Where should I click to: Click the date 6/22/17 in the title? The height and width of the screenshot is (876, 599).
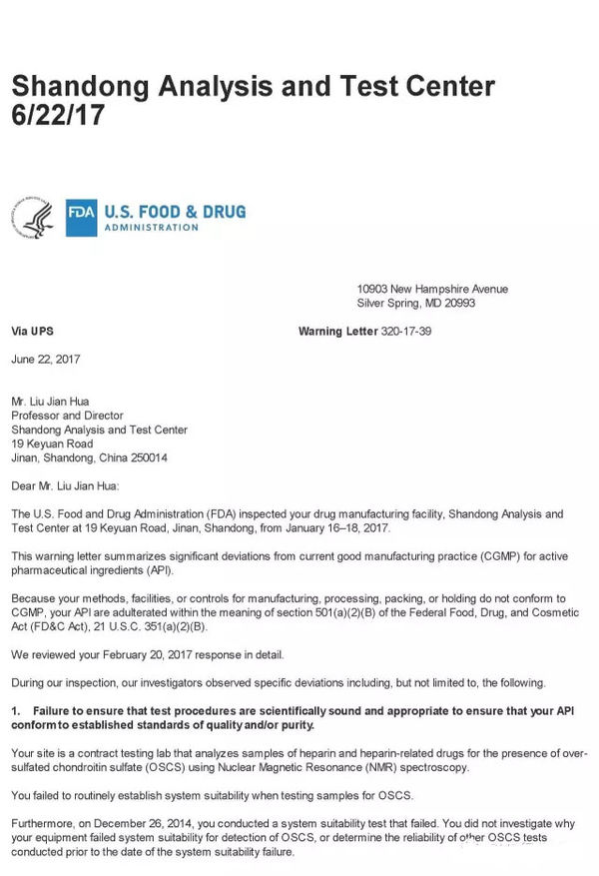pyautogui.click(x=57, y=116)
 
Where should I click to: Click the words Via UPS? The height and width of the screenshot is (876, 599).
pyautogui.click(x=32, y=331)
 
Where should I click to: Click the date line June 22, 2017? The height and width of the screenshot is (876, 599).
pyautogui.click(x=46, y=359)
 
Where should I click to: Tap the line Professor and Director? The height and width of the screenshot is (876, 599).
pyautogui.click(x=67, y=416)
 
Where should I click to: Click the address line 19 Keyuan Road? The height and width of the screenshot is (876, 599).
pyautogui.click(x=52, y=443)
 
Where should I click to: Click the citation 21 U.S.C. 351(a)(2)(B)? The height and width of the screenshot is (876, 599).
pyautogui.click(x=152, y=626)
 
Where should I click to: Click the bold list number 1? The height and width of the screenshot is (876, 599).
pyautogui.click(x=15, y=710)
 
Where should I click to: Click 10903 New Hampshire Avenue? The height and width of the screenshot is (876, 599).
pyautogui.click(x=432, y=290)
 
